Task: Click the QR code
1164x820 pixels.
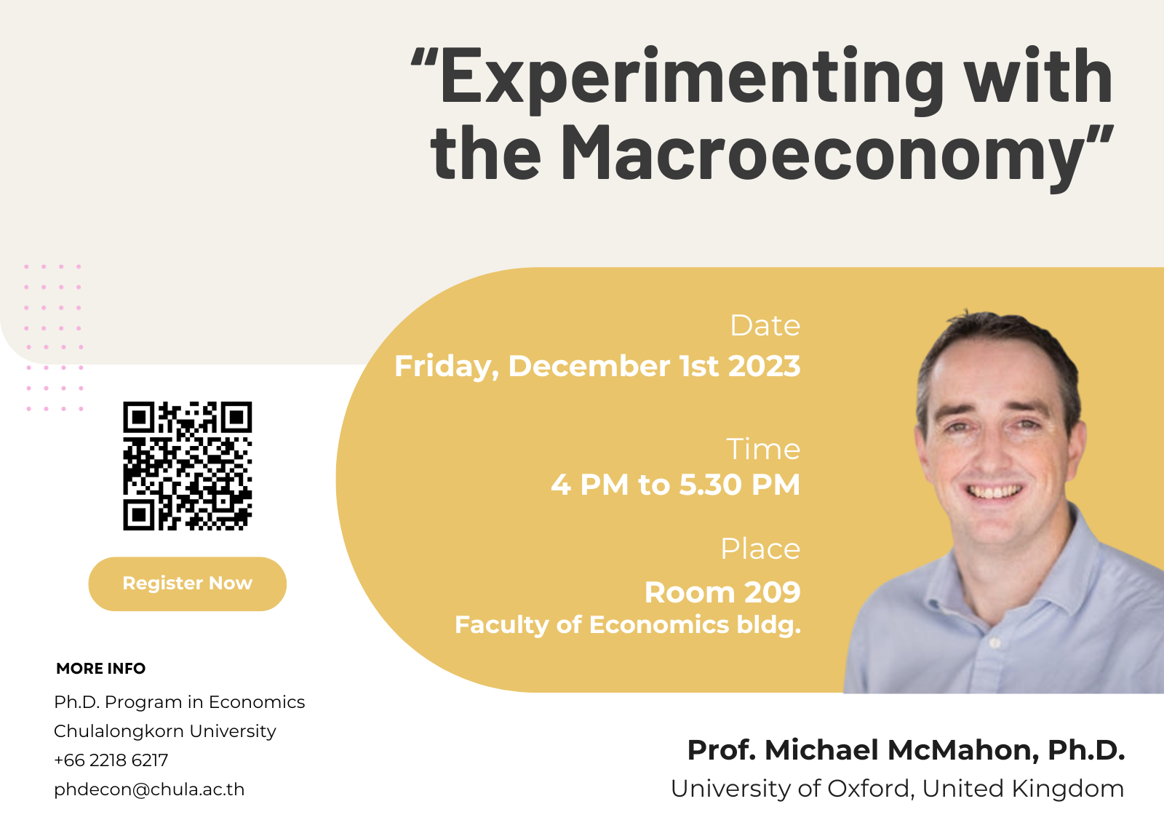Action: pos(188,466)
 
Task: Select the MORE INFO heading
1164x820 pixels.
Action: pos(101,668)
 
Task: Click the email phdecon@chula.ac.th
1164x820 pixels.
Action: pos(149,789)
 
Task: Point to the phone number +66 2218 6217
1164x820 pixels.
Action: pos(111,760)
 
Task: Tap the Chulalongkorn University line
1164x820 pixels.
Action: pos(165,731)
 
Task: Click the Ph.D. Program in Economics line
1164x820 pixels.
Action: pos(179,702)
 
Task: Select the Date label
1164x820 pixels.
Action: pos(765,326)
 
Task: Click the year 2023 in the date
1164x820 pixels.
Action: pos(765,366)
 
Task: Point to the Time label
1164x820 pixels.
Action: pos(763,449)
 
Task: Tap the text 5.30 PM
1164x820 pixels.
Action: pos(739,485)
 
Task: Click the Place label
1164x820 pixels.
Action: pos(760,549)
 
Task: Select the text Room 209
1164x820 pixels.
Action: pos(722,592)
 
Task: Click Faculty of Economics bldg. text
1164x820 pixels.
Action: pos(628,624)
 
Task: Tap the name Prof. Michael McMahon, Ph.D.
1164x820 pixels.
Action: pos(906,750)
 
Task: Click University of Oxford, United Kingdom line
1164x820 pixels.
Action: pos(898,788)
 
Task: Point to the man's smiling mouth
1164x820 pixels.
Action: pos(994,491)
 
